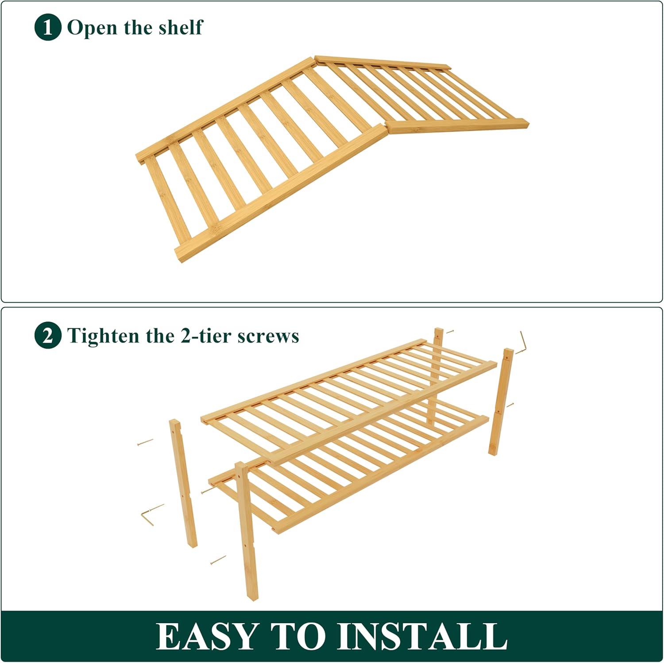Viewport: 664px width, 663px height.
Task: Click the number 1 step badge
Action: [47, 27]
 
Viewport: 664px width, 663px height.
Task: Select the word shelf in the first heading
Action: [180, 27]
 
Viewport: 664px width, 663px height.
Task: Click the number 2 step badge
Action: [47, 336]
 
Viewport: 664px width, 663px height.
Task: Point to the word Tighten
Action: [104, 336]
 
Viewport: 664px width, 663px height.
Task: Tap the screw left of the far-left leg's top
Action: [145, 442]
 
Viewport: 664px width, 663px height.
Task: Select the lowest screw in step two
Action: [218, 560]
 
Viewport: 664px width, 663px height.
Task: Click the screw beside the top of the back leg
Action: [449, 331]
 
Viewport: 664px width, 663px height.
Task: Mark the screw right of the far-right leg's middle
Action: [510, 405]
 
